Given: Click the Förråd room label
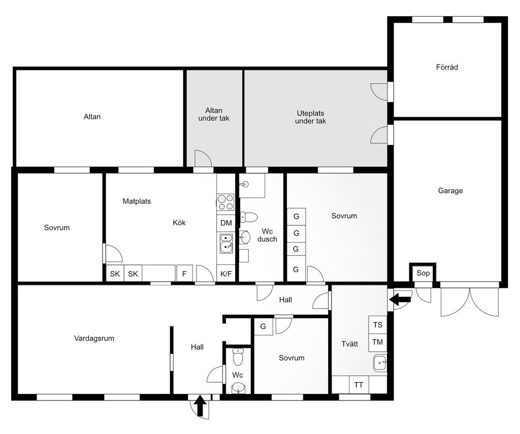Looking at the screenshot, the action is [447, 68].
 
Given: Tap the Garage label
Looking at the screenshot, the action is [450, 191].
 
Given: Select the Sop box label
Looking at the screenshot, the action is [423, 273].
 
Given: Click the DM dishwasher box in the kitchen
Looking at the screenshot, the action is [226, 223].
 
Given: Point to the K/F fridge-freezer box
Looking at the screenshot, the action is [226, 274].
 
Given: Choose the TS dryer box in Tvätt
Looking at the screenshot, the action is [378, 324].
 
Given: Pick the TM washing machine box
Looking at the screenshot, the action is [378, 342].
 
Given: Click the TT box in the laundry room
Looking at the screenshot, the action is [358, 385].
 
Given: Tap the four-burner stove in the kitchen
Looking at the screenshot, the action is [225, 202].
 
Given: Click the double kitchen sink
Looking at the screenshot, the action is [226, 243].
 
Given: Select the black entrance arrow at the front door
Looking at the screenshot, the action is [200, 406].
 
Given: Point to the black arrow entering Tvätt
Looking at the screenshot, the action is [400, 299].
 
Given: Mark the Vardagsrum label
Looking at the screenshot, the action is [94, 339].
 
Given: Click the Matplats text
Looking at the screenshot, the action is [137, 201].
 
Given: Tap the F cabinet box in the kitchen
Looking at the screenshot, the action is [184, 274].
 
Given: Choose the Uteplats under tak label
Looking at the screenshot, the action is [310, 117].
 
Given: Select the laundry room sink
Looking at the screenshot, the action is [380, 363].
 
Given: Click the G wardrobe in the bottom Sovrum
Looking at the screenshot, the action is [264, 326].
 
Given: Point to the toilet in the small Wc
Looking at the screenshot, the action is [238, 357].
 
